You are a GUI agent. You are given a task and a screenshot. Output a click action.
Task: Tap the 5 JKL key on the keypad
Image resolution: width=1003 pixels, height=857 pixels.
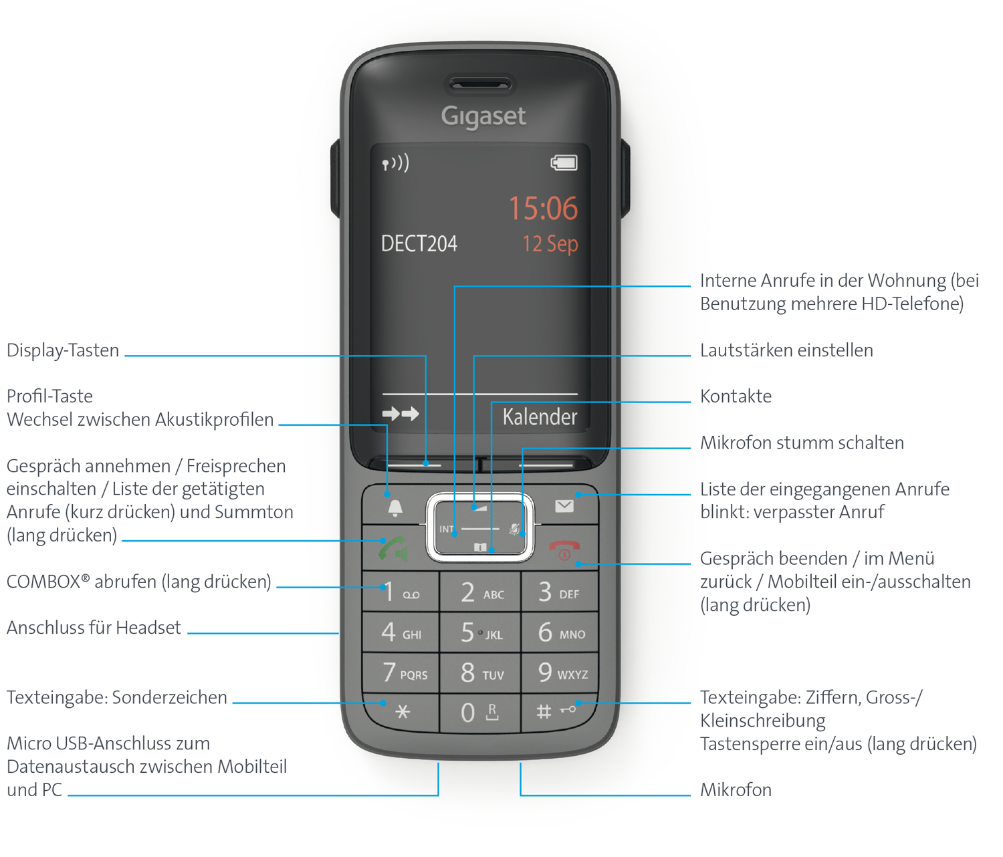pyautogui.click(x=480, y=632)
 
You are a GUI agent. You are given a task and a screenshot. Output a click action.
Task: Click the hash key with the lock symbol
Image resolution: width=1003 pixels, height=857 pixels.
pyautogui.click(x=558, y=711)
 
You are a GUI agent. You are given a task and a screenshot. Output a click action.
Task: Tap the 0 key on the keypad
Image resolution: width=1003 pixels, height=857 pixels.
pyautogui.click(x=480, y=713)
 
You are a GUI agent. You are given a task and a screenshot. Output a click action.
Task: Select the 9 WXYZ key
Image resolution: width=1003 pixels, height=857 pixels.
pyautogui.click(x=560, y=672)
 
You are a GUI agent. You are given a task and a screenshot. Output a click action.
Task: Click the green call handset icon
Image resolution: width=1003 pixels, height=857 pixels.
pyautogui.click(x=393, y=549)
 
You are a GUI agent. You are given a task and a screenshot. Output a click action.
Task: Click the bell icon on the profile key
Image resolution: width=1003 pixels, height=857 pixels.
pyautogui.click(x=395, y=508)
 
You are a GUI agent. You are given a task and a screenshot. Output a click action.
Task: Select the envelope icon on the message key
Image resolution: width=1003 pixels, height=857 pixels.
pyautogui.click(x=564, y=506)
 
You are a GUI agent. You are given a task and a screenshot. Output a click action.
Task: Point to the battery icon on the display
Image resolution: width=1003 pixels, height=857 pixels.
pyautogui.click(x=564, y=163)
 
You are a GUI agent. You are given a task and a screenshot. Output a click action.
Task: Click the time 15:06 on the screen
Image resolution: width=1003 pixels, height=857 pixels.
pyautogui.click(x=544, y=209)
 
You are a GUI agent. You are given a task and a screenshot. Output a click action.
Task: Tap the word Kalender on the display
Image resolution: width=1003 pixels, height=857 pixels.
pyautogui.click(x=540, y=416)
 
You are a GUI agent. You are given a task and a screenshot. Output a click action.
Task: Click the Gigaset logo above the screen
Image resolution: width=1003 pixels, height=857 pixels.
pyautogui.click(x=483, y=117)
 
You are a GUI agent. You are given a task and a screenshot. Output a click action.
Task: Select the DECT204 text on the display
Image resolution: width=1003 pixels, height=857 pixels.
pyautogui.click(x=419, y=243)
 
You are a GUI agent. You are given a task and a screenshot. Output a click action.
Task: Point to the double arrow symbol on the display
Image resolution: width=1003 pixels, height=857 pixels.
pyautogui.click(x=401, y=414)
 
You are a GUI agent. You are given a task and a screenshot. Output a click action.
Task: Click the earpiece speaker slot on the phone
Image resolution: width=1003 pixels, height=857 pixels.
pyautogui.click(x=480, y=86)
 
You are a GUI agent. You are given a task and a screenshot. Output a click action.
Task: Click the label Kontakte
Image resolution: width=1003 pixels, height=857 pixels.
pyautogui.click(x=736, y=396)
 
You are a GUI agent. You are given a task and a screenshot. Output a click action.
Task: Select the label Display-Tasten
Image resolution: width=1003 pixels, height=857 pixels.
pyautogui.click(x=63, y=350)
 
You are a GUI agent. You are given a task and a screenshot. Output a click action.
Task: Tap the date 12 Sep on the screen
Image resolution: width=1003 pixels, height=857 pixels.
pyautogui.click(x=550, y=244)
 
